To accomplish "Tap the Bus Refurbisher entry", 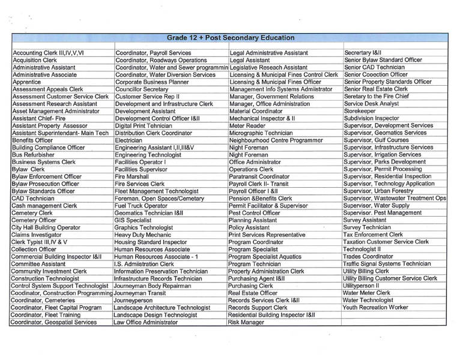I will (35, 154).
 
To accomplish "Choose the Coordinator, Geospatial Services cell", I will (54, 322).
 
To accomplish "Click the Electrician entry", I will (131, 140).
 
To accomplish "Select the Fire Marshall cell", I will (133, 176).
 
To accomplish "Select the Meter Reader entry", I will (249, 125).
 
